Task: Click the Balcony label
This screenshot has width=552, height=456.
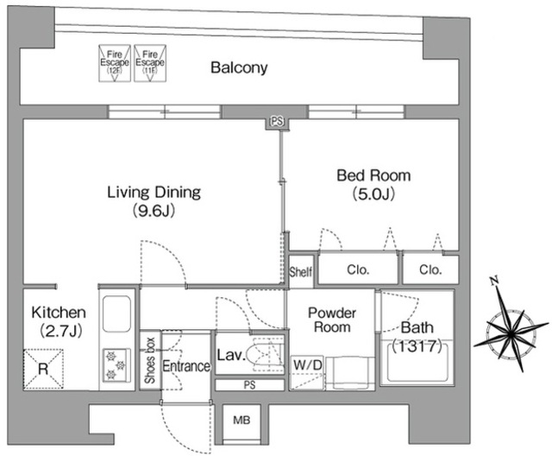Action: [x=239, y=67]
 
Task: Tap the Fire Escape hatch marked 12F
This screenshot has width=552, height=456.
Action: [x=115, y=63]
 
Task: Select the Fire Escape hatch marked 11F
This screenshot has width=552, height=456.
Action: [x=150, y=63]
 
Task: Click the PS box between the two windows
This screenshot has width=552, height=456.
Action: [x=277, y=123]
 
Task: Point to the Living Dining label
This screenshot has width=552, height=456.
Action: [x=154, y=192]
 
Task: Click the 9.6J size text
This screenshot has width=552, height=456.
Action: [x=154, y=211]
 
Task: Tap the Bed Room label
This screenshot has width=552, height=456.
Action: [x=373, y=175]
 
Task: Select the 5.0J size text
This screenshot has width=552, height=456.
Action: [x=373, y=194]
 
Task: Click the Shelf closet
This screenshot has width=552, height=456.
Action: [x=301, y=270]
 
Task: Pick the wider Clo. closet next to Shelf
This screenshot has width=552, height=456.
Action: [x=358, y=269]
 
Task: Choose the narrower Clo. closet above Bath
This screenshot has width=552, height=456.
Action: [x=430, y=269]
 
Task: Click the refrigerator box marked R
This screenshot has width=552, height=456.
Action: [x=43, y=369]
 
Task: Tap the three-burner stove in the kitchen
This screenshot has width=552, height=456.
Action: [x=116, y=365]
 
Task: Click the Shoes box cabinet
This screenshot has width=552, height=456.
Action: [x=150, y=360]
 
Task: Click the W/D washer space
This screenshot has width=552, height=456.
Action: [x=307, y=372]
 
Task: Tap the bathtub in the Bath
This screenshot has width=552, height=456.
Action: [x=417, y=362]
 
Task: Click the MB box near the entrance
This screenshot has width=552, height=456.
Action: [x=241, y=420]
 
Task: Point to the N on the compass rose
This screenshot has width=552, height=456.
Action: [x=494, y=282]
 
